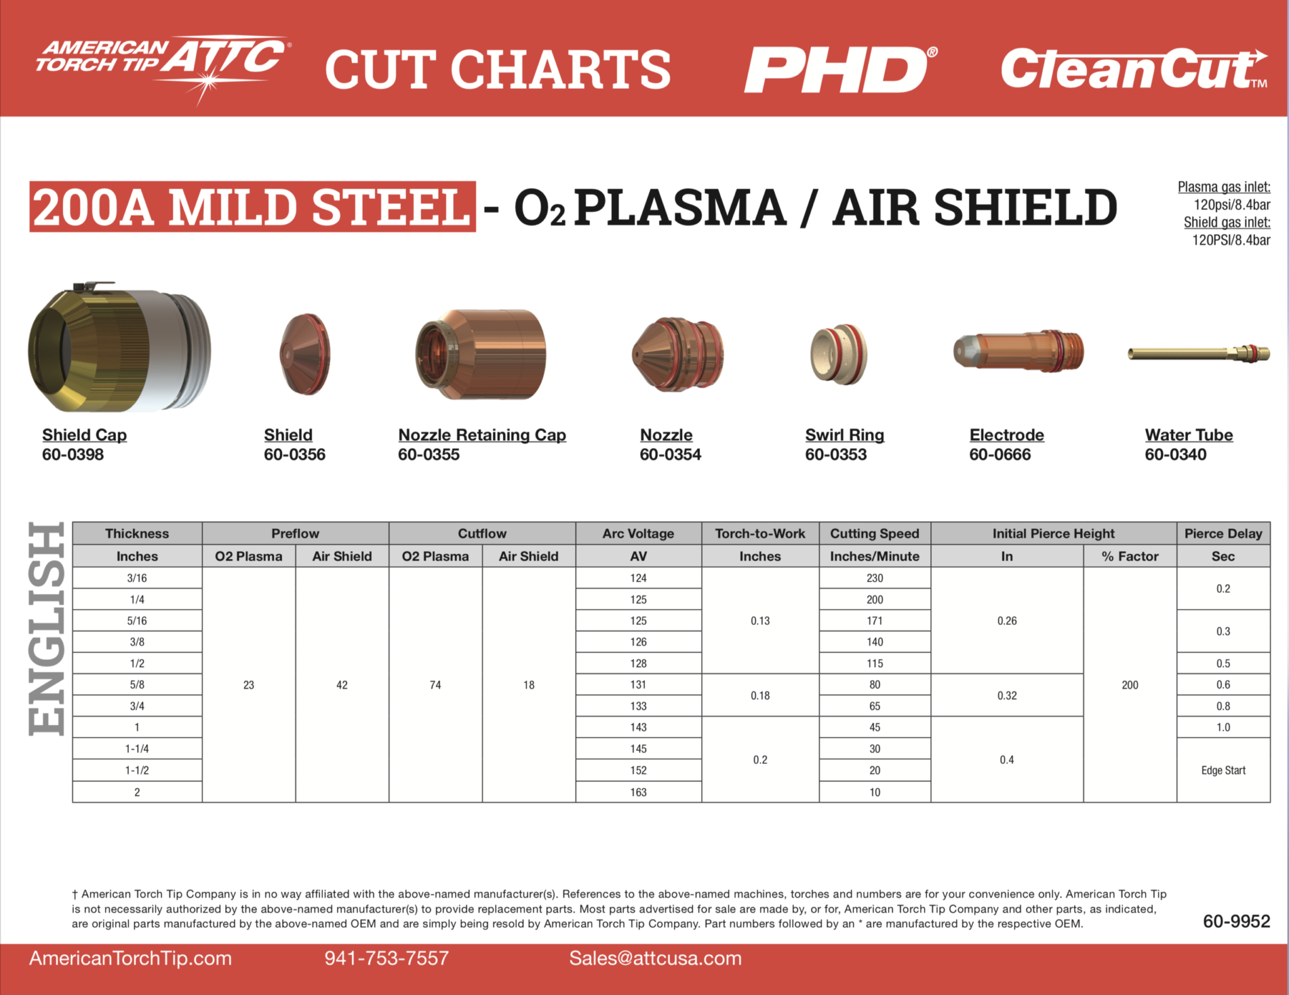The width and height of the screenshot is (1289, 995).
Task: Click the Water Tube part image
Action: [1198, 353]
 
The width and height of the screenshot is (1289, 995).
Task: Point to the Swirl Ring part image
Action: [838, 354]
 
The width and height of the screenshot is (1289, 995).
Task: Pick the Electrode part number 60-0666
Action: [1000, 454]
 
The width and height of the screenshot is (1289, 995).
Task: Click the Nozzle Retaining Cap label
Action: [482, 435]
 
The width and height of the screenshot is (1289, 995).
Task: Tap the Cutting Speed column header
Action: [874, 534]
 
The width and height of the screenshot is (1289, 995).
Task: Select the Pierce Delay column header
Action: [1223, 534]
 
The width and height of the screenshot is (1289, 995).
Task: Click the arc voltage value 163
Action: [638, 792]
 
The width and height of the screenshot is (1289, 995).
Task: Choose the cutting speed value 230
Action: [874, 578]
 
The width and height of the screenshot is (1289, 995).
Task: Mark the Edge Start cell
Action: [1223, 770]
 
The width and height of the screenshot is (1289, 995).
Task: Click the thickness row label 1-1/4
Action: [137, 749]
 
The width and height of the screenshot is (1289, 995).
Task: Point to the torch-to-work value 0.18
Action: [760, 695]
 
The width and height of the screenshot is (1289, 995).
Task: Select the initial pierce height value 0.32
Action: [1006, 695]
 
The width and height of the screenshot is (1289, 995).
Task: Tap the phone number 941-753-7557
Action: [386, 958]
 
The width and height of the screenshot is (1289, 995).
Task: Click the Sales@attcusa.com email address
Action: [655, 958]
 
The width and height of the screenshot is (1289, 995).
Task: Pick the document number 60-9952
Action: [1236, 921]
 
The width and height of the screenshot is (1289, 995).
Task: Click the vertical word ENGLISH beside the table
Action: [47, 629]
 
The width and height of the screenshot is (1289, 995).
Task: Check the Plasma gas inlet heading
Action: [1224, 187]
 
